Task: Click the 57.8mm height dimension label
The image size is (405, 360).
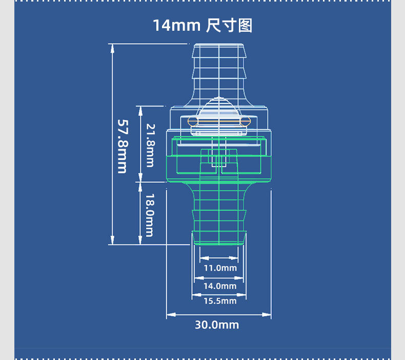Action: tap(123, 146)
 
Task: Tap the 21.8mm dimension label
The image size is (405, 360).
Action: tap(150, 145)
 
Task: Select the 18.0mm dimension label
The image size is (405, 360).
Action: tap(149, 215)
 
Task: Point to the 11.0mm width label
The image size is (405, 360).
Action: tap(220, 268)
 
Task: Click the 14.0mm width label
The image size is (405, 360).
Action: tap(220, 286)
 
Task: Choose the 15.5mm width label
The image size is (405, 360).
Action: tap(220, 301)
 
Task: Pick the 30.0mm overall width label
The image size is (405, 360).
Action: tap(217, 325)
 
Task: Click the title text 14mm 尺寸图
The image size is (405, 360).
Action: tap(202, 25)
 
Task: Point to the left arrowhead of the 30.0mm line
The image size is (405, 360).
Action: tap(170, 314)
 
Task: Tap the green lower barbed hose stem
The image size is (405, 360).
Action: tap(219, 213)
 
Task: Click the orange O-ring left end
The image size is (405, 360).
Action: tap(192, 121)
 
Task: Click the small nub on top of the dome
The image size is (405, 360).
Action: tap(219, 98)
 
